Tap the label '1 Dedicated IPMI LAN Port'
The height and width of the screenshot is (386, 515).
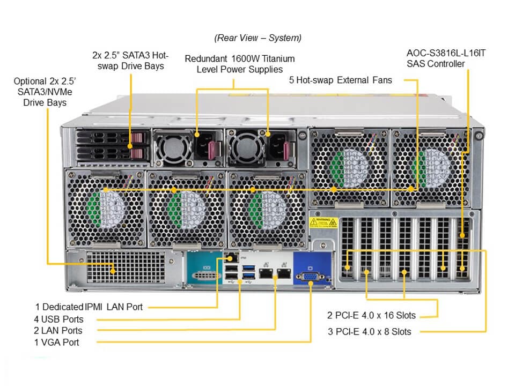89,307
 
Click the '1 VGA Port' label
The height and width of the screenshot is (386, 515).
56,342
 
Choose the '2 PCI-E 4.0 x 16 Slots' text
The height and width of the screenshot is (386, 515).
372,315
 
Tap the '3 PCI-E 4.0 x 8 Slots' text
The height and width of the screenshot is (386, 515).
370,332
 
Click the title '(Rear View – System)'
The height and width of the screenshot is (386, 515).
257,38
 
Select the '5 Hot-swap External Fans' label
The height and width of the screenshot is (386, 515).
340,80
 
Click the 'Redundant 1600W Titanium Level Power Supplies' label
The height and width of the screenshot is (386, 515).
239,64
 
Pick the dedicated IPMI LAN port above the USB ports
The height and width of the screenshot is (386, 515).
231,257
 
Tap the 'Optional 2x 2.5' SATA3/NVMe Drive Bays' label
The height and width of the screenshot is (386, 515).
45,91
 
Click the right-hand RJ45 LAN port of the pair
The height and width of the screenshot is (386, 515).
282,274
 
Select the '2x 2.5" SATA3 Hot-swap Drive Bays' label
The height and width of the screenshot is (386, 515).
131,61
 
